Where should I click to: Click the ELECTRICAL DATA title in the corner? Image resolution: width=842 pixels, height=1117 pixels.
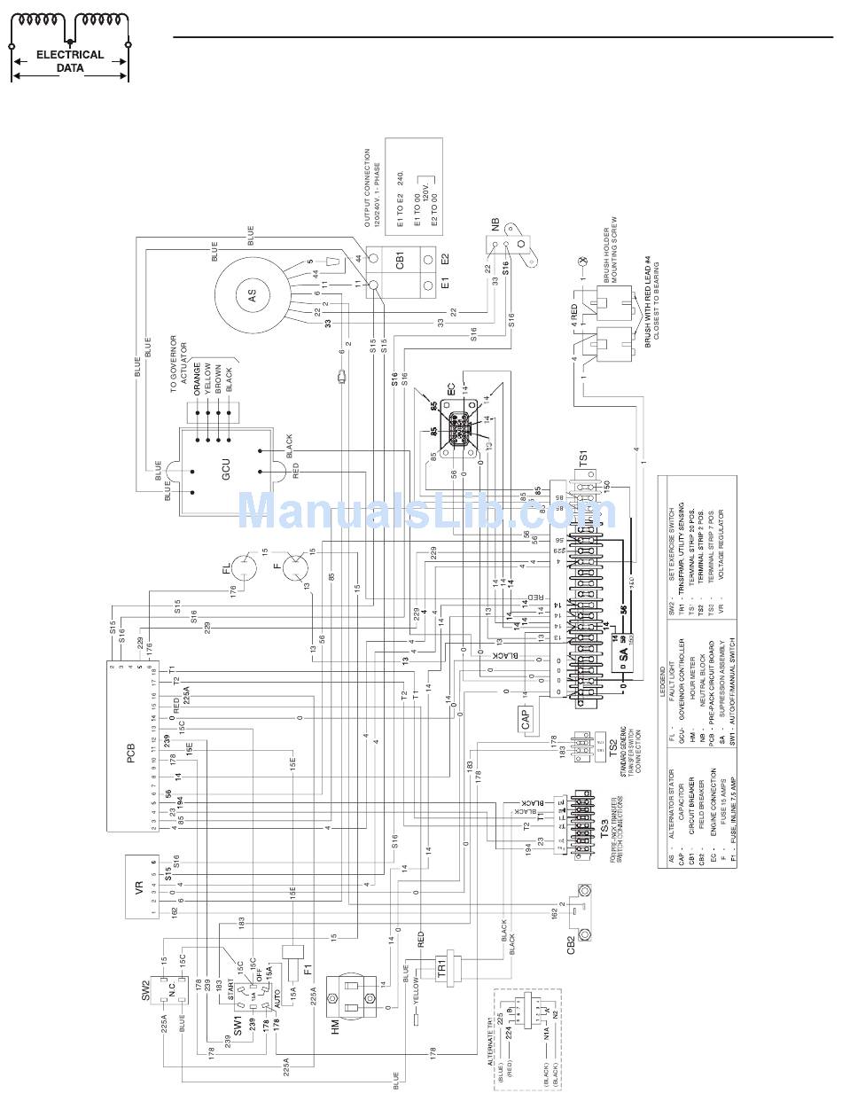69,60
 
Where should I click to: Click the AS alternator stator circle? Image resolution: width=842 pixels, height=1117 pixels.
252,298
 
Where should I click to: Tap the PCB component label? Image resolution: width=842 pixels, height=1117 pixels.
130,758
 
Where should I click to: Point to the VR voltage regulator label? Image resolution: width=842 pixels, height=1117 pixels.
139,887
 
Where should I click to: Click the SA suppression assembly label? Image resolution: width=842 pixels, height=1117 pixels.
622,653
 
